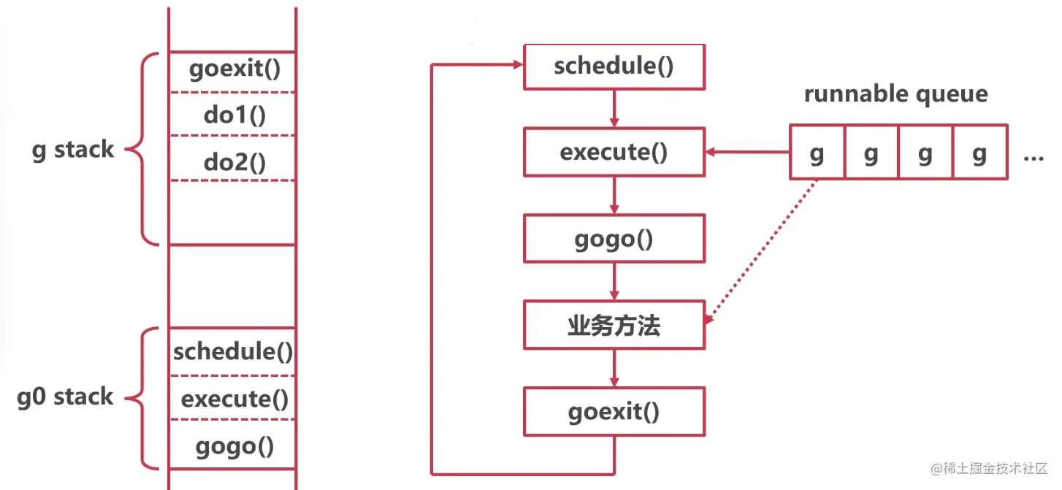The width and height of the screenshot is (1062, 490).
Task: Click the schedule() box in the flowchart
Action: click(x=614, y=66)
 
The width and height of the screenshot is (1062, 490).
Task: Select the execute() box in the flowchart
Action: click(x=614, y=153)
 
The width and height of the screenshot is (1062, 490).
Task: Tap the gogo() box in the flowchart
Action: click(x=614, y=239)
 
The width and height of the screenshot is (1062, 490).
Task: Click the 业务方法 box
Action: click(x=614, y=325)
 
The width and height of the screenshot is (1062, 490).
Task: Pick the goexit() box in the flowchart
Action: click(x=614, y=412)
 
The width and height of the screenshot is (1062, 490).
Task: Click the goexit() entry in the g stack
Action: click(x=234, y=70)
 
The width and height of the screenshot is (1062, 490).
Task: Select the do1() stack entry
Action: click(x=234, y=115)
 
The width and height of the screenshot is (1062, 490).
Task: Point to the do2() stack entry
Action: click(x=234, y=162)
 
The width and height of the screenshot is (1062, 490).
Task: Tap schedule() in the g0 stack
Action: click(x=233, y=352)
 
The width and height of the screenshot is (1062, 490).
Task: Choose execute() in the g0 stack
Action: click(x=234, y=399)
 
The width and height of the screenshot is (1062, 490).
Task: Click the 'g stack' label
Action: click(x=73, y=150)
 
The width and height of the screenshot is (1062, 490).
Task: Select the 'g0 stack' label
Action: click(x=66, y=397)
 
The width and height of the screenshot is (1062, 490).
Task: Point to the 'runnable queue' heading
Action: click(x=895, y=93)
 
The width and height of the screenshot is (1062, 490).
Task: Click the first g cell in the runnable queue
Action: click(x=817, y=153)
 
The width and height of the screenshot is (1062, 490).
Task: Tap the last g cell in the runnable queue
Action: click(x=980, y=153)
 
